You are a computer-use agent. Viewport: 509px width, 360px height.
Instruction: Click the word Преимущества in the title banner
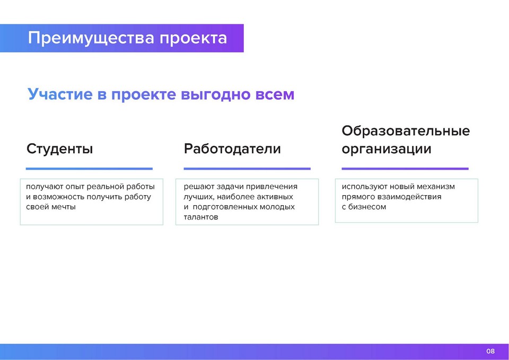pyautogui.click(x=91, y=39)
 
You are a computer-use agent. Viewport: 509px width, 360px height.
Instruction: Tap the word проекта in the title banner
pyautogui.click(x=193, y=39)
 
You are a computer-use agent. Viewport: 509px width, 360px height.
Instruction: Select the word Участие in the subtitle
pyautogui.click(x=60, y=94)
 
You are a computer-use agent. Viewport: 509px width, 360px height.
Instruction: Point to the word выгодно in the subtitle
pyautogui.click(x=216, y=95)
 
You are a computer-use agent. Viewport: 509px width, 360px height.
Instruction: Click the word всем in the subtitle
pyautogui.click(x=275, y=95)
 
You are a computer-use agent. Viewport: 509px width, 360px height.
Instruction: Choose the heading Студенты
pyautogui.click(x=60, y=149)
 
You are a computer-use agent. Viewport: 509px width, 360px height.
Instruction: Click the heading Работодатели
pyautogui.click(x=232, y=149)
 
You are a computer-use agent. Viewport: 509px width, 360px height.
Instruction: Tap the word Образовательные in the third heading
pyautogui.click(x=406, y=131)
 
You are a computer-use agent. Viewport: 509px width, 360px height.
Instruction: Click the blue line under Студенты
pyautogui.click(x=89, y=169)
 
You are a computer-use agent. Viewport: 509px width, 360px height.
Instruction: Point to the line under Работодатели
pyautogui.click(x=247, y=169)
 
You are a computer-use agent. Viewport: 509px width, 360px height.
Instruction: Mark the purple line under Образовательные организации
pyautogui.click(x=405, y=169)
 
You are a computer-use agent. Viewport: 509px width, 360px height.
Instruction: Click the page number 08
pyautogui.click(x=490, y=351)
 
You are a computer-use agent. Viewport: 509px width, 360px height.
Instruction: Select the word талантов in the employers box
pyautogui.click(x=201, y=217)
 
